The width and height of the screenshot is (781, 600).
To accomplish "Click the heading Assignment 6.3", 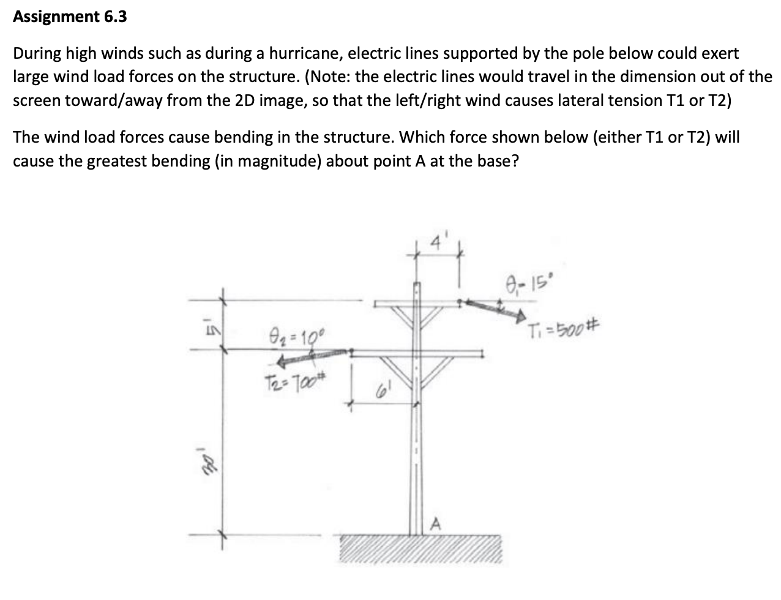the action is [x=70, y=17].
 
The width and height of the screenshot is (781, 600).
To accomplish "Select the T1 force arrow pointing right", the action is [x=495, y=309].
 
